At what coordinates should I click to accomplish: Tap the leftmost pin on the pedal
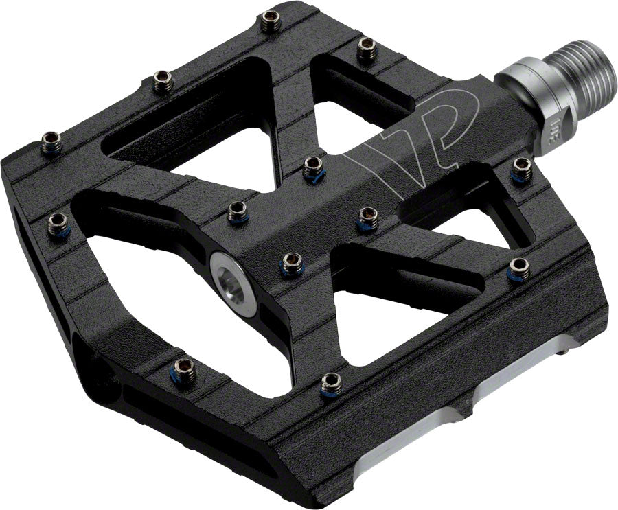[x=51, y=143]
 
